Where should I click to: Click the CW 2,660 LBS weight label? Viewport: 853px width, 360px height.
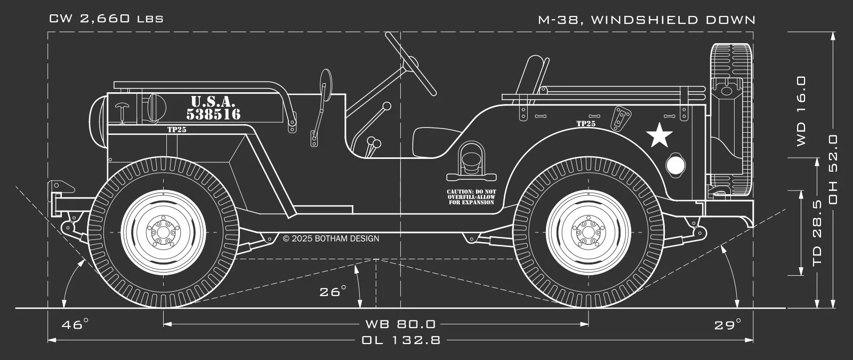[x=106, y=19]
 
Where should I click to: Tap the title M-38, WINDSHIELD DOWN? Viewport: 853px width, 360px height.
[x=647, y=20]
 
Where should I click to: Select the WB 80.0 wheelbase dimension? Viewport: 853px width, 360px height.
[x=400, y=324]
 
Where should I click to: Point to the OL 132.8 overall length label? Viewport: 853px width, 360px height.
[x=401, y=340]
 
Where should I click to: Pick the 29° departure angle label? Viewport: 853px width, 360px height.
[x=728, y=324]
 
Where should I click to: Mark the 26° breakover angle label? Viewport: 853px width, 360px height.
[x=333, y=292]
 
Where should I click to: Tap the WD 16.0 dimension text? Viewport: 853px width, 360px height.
[x=801, y=111]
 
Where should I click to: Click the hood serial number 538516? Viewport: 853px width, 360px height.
[x=213, y=114]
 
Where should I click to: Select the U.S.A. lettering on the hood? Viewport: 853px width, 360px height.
[x=212, y=101]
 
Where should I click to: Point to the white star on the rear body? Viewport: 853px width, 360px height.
[x=659, y=135]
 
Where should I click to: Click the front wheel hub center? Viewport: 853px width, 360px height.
[x=163, y=233]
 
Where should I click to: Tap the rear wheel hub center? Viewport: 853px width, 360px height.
[x=588, y=233]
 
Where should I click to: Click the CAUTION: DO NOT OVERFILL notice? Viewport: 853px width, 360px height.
[x=471, y=197]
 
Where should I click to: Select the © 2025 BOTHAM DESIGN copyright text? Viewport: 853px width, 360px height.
[x=331, y=238]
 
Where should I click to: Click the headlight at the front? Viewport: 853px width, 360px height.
[x=98, y=121]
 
